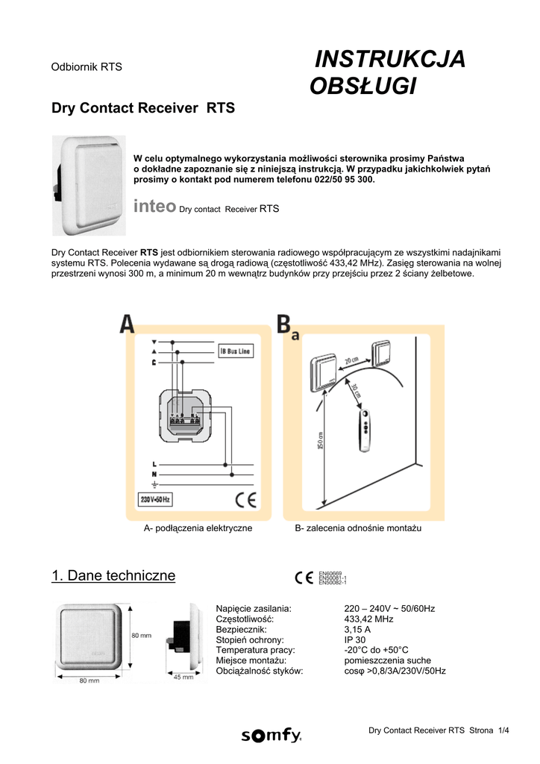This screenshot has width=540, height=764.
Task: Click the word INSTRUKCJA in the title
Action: tap(389, 59)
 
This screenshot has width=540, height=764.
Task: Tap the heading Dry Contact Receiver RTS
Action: tap(142, 108)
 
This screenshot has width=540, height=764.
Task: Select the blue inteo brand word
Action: tap(154, 206)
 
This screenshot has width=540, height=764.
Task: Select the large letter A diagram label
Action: tap(128, 324)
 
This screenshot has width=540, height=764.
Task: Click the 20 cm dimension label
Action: tap(351, 361)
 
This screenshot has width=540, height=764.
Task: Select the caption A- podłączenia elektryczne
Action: tap(198, 528)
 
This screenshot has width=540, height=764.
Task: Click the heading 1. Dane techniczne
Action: tap(113, 575)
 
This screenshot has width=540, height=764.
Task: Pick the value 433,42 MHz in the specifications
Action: tap(368, 619)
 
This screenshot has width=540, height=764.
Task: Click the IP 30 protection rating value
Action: tap(355, 640)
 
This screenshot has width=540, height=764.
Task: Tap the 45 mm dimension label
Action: tap(183, 677)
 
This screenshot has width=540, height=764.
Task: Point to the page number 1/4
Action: tap(505, 730)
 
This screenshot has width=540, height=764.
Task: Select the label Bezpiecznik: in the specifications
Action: tap(241, 630)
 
